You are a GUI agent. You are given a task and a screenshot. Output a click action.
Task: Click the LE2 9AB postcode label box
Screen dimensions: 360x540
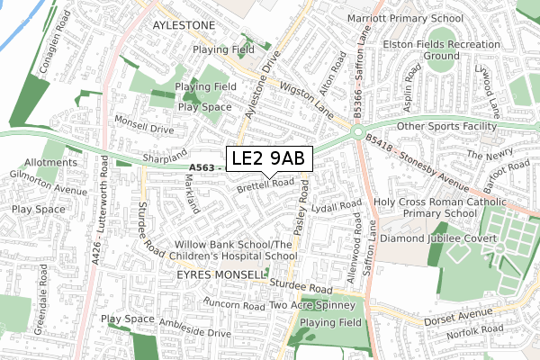coord(269,158)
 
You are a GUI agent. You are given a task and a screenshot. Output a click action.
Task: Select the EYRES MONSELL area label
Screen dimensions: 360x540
coord(221,273)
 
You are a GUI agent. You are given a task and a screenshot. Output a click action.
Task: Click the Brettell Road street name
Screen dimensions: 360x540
coord(265,185)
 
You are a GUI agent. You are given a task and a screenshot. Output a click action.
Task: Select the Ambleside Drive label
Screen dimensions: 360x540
coord(194,327)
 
